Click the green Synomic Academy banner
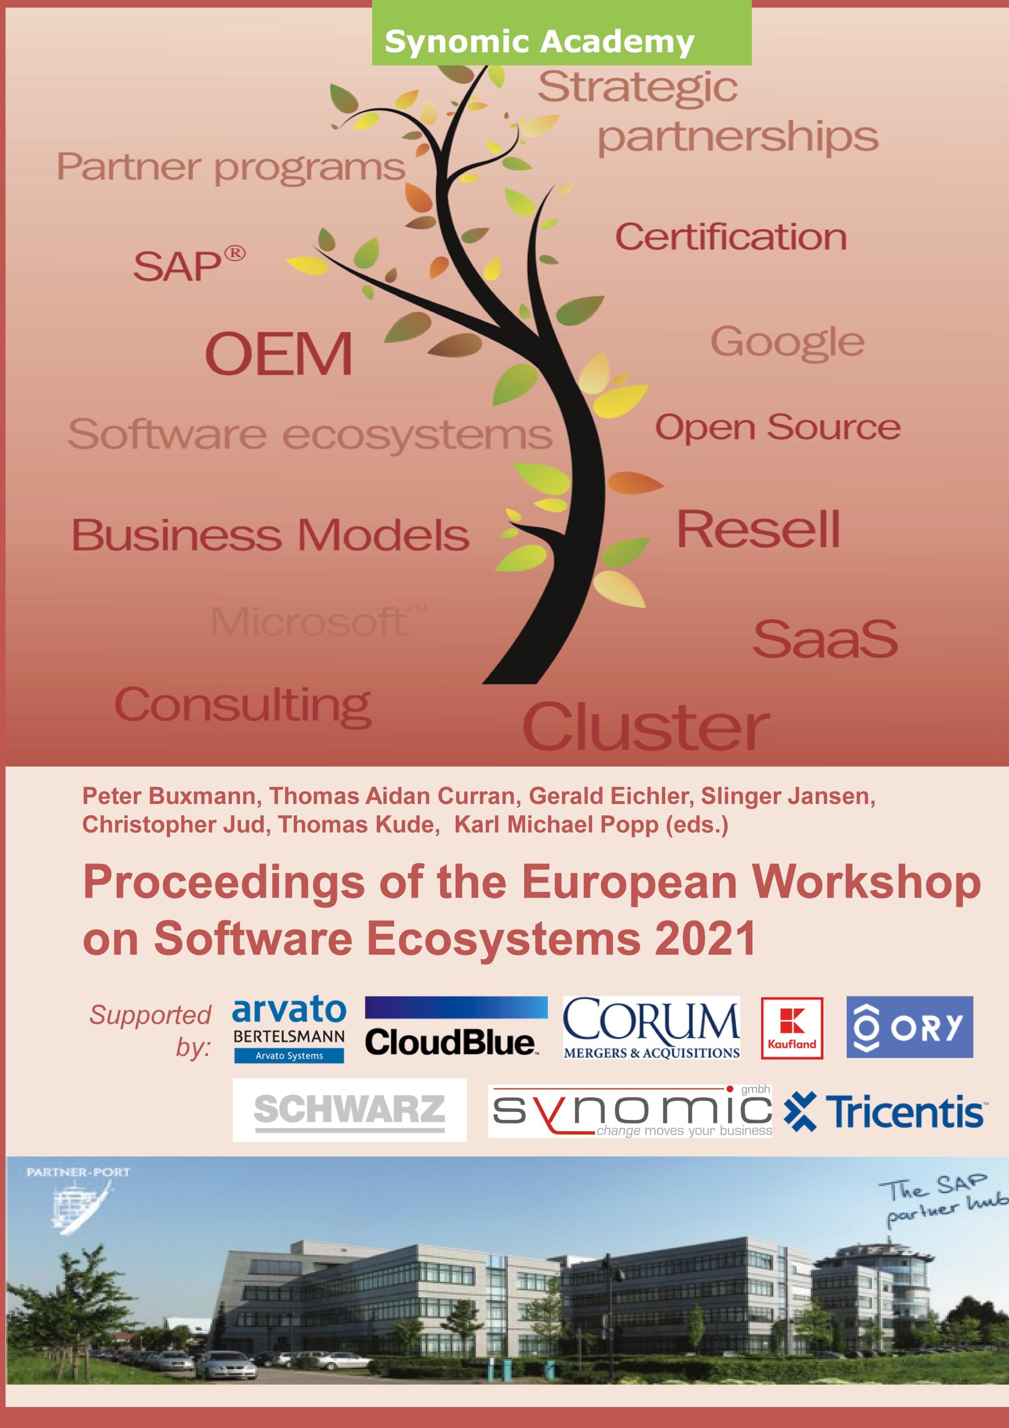tap(561, 32)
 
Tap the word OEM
tap(279, 353)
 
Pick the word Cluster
tap(646, 727)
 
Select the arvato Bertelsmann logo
tap(289, 1030)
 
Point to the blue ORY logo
tap(910, 1027)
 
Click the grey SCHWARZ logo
tap(349, 1110)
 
